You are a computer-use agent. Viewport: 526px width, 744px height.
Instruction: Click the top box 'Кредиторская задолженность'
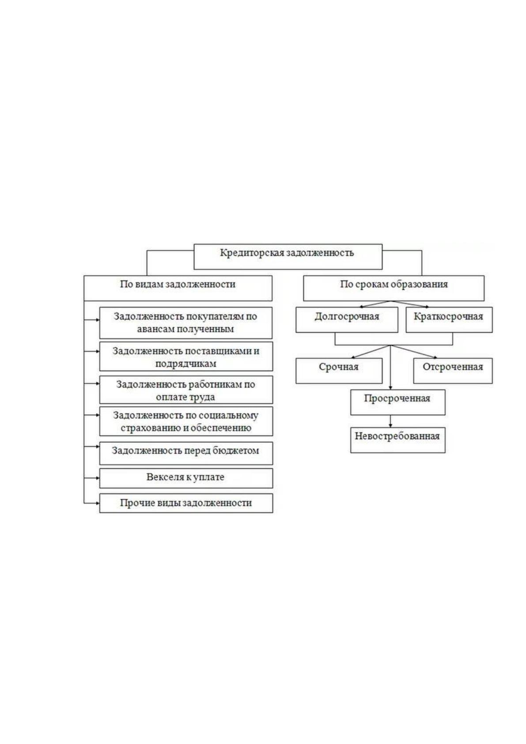288,257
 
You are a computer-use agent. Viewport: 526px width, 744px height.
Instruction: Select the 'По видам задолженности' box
178,288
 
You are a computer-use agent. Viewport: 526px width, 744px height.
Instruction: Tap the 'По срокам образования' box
394,288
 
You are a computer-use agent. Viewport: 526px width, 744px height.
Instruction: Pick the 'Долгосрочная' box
347,319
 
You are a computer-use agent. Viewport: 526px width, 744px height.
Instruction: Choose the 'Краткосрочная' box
449,319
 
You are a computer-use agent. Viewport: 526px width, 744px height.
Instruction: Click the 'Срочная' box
339,371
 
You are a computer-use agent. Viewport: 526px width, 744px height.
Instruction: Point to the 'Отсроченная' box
453,371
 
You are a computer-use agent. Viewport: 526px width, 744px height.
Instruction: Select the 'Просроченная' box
398,402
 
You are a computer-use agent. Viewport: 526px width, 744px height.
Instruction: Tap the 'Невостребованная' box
398,440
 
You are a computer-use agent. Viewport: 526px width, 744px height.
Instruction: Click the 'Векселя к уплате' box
186,478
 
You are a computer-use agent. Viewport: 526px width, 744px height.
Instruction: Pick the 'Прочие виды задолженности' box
186,503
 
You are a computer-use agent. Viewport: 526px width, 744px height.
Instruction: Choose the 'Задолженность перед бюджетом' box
186,453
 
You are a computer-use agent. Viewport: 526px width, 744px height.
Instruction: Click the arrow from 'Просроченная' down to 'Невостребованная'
390,421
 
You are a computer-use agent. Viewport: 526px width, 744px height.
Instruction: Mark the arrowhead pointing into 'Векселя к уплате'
98,478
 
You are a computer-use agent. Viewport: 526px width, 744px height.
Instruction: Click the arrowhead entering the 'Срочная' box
353,357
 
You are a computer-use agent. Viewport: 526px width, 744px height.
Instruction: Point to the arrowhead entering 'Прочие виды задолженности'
98,503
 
